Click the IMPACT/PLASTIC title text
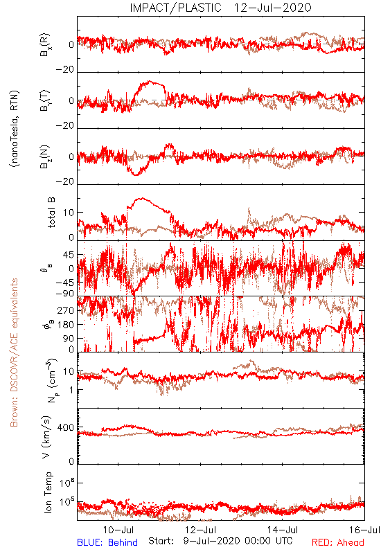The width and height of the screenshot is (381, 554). (x=175, y=8)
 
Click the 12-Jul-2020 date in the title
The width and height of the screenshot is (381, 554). (x=272, y=8)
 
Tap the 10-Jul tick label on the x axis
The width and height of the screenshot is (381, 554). (x=118, y=530)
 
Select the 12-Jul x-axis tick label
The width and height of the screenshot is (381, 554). (x=200, y=530)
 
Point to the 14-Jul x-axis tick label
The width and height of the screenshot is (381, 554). (x=283, y=530)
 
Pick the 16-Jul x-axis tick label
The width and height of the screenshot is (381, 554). (x=365, y=530)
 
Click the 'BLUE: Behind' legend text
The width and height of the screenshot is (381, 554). (x=107, y=542)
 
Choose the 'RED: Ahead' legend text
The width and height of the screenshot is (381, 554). (x=338, y=542)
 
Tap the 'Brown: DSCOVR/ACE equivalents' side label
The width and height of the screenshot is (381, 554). (x=14, y=352)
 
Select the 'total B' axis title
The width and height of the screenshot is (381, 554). (x=51, y=213)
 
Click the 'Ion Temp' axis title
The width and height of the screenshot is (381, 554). (x=48, y=492)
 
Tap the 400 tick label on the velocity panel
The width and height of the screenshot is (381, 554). (x=66, y=428)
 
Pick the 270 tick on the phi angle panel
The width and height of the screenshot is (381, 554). (x=66, y=311)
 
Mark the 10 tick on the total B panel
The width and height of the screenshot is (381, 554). (x=69, y=213)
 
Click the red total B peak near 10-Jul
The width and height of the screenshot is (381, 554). (x=142, y=198)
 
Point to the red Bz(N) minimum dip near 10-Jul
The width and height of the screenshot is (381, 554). (x=136, y=175)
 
